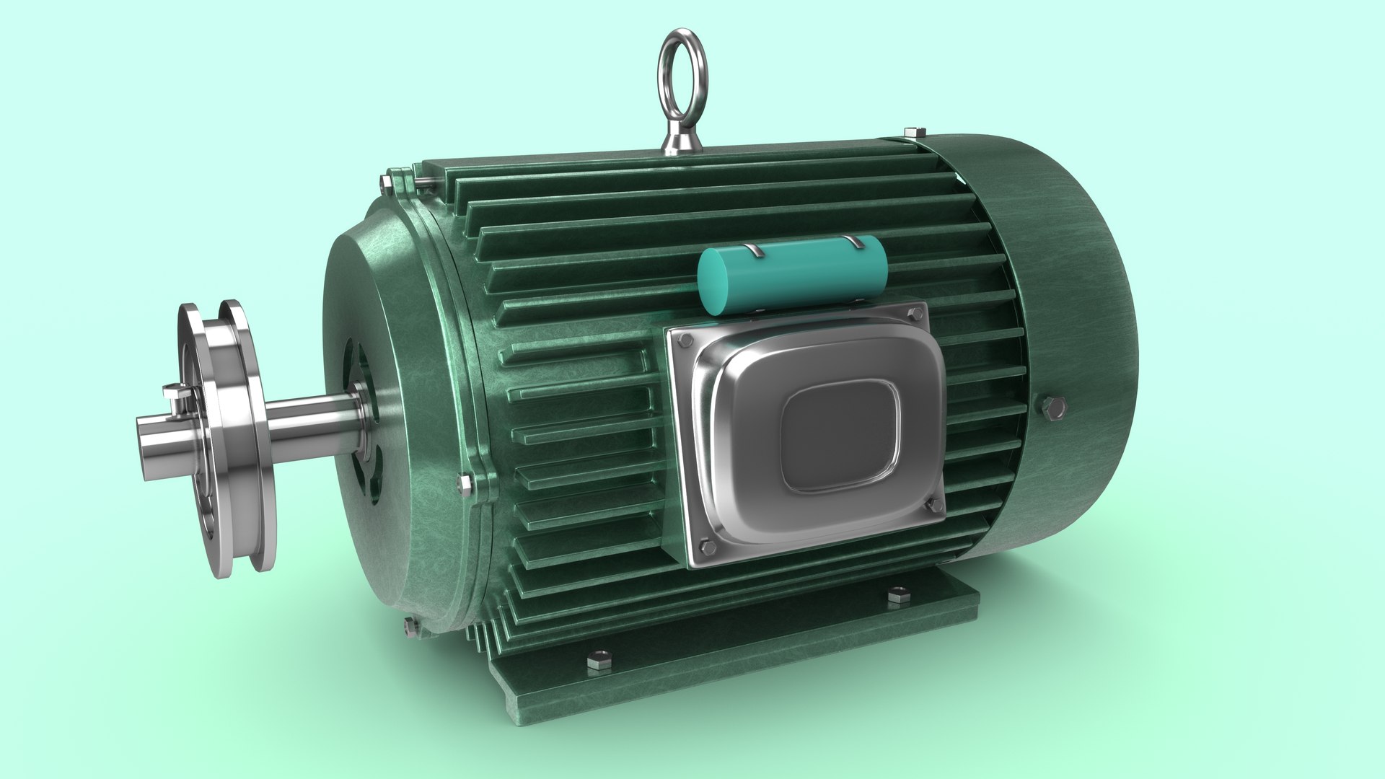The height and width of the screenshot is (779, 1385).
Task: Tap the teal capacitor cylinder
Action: click(x=792, y=275)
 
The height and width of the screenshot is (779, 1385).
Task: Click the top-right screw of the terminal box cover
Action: click(x=916, y=314)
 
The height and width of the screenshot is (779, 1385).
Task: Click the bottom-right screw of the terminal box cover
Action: click(x=936, y=506)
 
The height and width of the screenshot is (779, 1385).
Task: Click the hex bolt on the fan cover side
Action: click(x=1053, y=408)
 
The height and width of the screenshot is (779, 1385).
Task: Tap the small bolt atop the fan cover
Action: click(x=915, y=132)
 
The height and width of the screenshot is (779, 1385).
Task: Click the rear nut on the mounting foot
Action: click(x=897, y=596)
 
